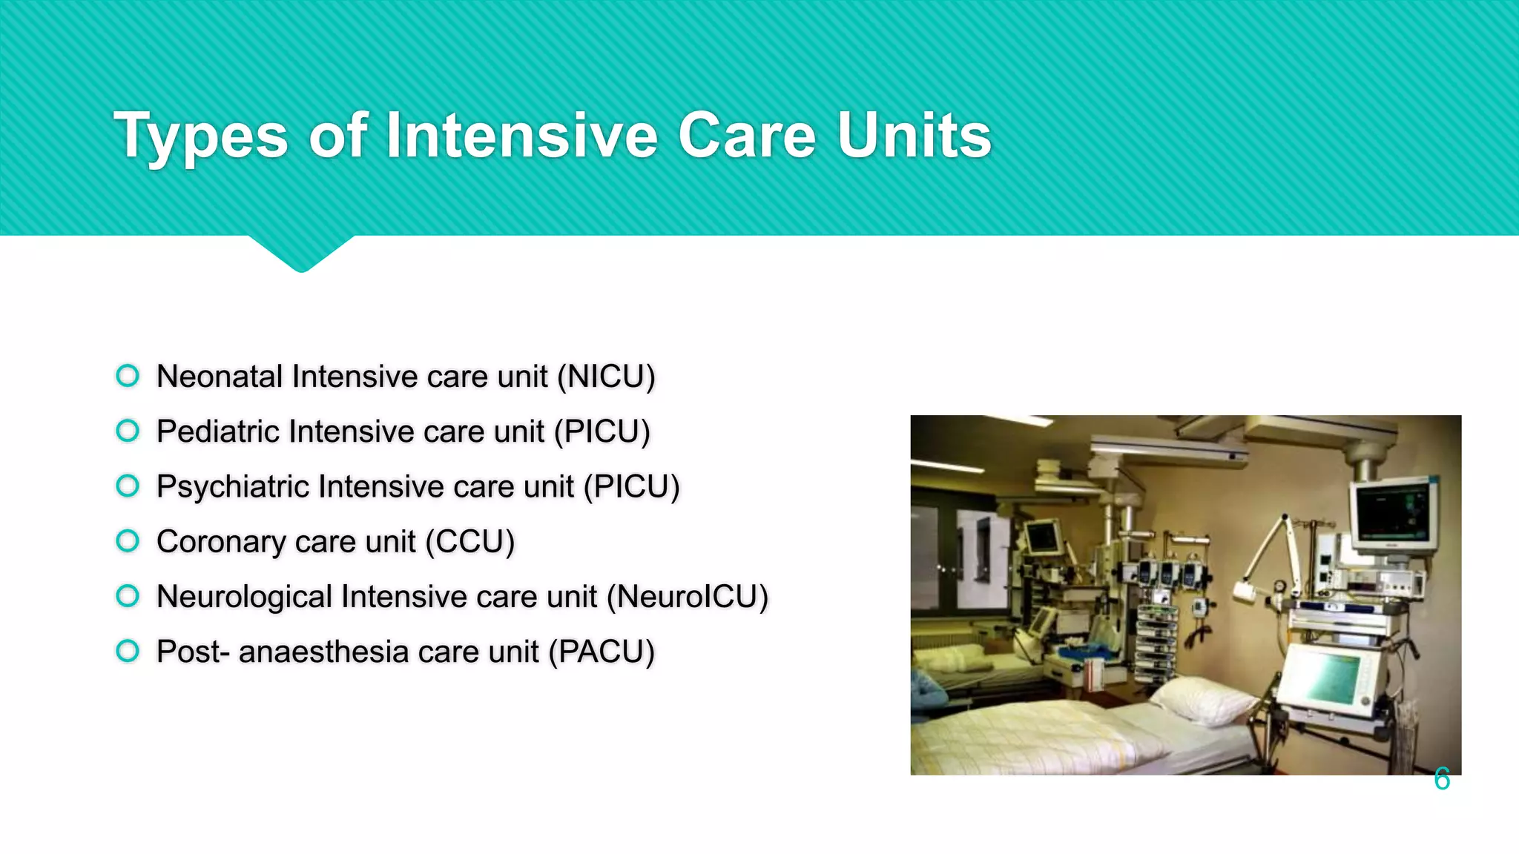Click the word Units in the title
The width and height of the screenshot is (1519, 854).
(x=915, y=136)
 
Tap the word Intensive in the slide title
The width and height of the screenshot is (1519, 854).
(x=521, y=136)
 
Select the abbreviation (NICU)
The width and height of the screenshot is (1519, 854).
(x=606, y=377)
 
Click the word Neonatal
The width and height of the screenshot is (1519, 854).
(x=220, y=377)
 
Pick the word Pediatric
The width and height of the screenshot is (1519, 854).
(x=218, y=431)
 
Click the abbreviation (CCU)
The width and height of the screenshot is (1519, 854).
(x=470, y=542)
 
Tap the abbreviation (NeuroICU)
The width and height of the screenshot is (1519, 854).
(x=688, y=597)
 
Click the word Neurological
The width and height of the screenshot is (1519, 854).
(x=245, y=597)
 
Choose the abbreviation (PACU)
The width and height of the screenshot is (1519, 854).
(x=602, y=652)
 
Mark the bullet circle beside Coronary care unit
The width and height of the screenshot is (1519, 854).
(x=128, y=541)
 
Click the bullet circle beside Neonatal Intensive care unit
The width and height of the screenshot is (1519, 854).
(x=128, y=376)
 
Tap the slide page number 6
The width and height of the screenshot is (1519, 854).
(x=1441, y=779)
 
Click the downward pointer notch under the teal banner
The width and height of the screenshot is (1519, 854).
(x=301, y=254)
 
